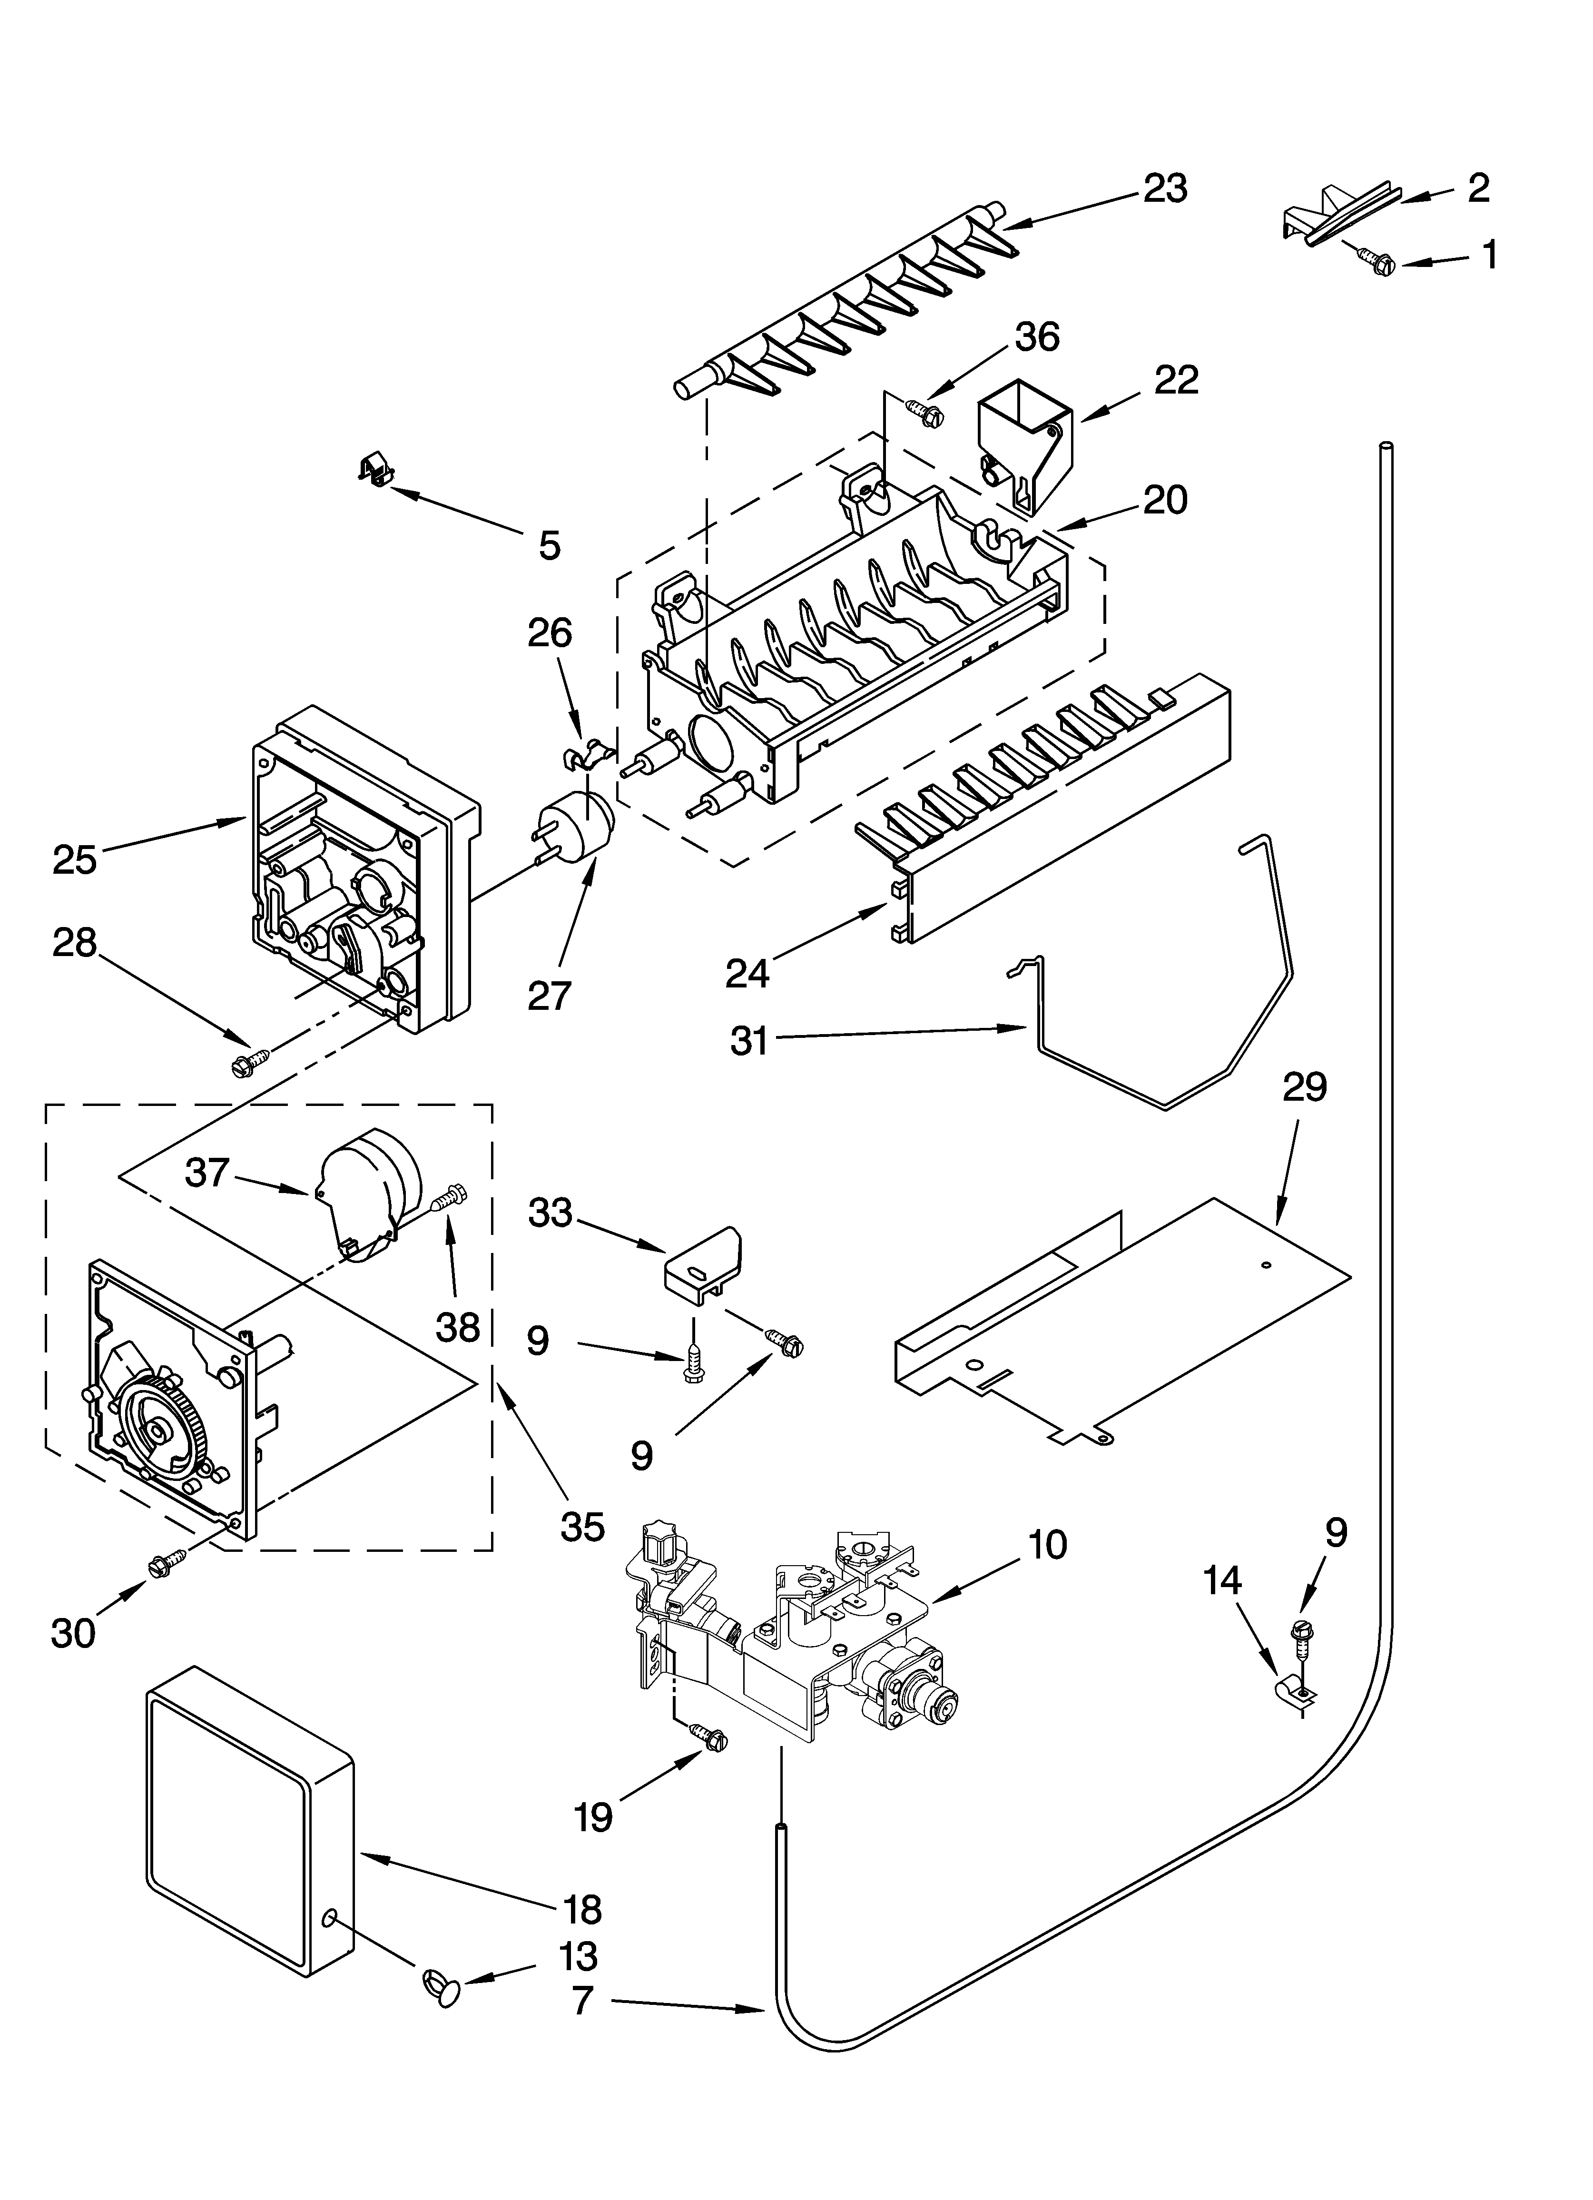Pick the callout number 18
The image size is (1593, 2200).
582,1910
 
